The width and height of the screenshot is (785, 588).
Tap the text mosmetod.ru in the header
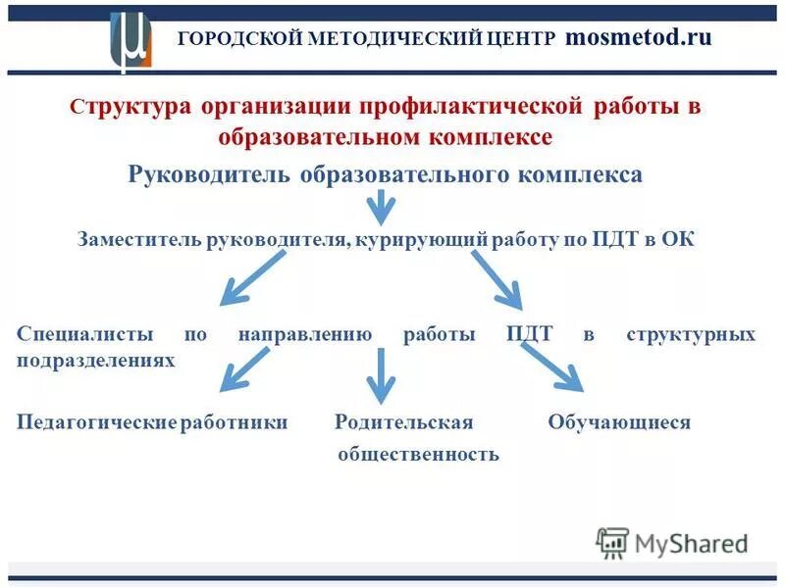point(638,38)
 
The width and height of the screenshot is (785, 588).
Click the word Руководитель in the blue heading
point(209,174)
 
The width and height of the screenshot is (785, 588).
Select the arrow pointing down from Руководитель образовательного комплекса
point(381,208)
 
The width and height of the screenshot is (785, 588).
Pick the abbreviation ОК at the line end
point(678,241)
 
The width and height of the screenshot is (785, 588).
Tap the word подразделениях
point(96,360)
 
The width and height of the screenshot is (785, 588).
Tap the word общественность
point(419,455)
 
